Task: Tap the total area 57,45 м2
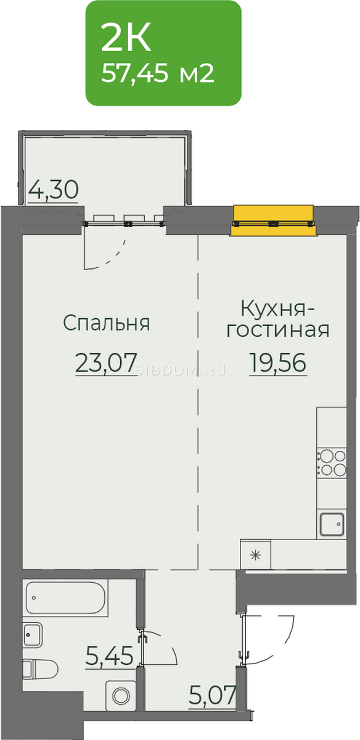coord(158,73)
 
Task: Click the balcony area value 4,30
coord(53,190)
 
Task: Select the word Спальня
coord(107,323)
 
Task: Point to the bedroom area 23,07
coord(106,363)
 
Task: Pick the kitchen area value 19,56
coord(278,363)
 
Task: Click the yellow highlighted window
coord(273,220)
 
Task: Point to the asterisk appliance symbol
coord(255,555)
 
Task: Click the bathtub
coord(67,598)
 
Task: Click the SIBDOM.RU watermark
coord(181,370)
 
